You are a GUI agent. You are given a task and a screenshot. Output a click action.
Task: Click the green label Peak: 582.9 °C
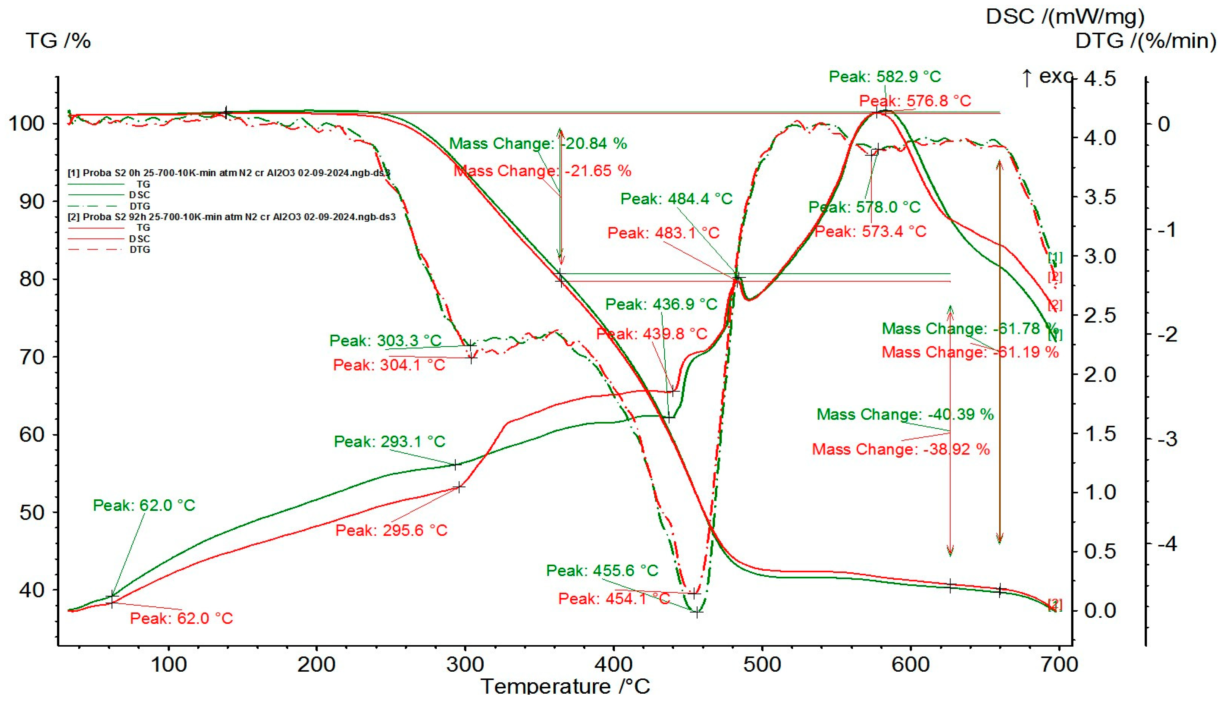(885, 76)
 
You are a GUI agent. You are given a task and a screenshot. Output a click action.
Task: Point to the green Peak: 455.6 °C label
(602, 570)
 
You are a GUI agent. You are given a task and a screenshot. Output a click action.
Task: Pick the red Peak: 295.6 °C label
(391, 530)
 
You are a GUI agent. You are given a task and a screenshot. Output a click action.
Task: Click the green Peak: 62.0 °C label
(144, 505)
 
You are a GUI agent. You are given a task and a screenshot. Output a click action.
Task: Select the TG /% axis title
(58, 41)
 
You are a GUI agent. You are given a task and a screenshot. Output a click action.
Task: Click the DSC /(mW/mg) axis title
(1065, 17)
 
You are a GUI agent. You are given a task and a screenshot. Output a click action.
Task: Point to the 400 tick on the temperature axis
(613, 665)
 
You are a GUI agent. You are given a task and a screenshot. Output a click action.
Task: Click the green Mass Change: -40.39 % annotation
(905, 414)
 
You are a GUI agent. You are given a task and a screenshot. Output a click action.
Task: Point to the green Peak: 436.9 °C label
(661, 304)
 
